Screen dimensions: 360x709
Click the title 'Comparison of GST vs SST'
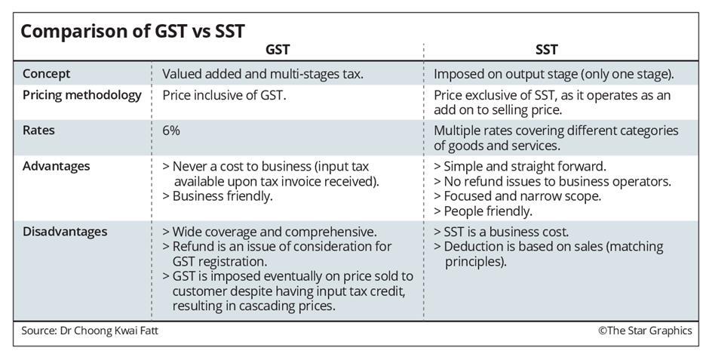pos(132,31)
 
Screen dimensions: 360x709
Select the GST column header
pos(278,51)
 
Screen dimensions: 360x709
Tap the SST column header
pos(546,51)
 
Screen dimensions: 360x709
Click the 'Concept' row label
pos(47,74)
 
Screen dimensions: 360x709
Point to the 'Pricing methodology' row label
pos(82,95)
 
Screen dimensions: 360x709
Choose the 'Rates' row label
pos(38,130)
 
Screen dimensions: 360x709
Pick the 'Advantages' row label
pos(57,165)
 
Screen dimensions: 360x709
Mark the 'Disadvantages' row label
pos(65,232)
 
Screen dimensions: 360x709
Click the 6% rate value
pos(171,131)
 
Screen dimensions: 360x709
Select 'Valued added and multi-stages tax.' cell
pos(263,74)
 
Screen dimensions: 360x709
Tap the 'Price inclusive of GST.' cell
pos(224,96)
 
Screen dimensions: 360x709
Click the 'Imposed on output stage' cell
pos(554,74)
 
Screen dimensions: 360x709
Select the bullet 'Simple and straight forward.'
pos(520,166)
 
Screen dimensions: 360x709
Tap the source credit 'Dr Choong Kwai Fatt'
pos(109,331)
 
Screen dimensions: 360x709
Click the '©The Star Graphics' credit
pos(644,331)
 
